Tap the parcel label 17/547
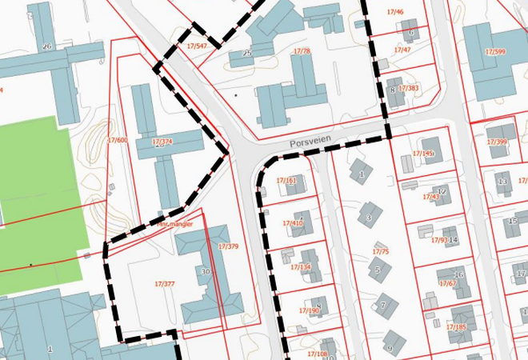point(197,46)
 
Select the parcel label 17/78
point(302,51)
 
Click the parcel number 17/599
point(495,52)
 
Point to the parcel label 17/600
point(117,140)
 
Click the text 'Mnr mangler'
point(174,225)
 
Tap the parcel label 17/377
point(164,283)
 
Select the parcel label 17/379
point(228,246)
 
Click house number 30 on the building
point(206,272)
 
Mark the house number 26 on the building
point(46,46)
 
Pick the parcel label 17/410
point(293,223)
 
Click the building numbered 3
point(369,217)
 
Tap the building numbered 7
point(384,305)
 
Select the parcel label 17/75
point(381,252)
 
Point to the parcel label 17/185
point(456,326)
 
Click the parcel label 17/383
point(408,88)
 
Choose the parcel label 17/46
point(395,13)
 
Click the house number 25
point(247,54)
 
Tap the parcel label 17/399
point(497,142)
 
